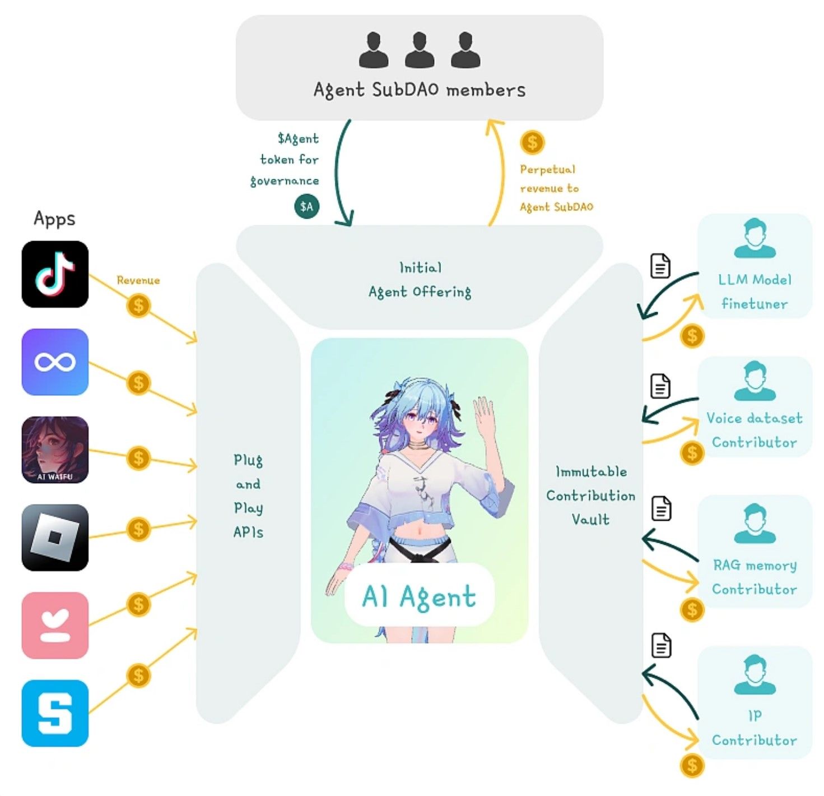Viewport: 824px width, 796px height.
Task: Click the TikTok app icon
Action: tap(55, 274)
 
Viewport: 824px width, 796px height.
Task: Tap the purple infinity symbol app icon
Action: tap(55, 362)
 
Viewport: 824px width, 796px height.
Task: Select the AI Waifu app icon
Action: tap(55, 450)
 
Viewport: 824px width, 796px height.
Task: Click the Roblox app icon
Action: tap(55, 537)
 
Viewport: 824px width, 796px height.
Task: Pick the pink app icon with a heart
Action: tap(55, 625)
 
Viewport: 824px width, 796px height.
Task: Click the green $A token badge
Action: tap(306, 207)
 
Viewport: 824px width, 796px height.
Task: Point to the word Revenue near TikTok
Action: tap(138, 280)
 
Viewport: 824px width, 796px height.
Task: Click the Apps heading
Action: tap(54, 219)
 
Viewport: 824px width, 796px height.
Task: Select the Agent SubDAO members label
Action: tap(419, 90)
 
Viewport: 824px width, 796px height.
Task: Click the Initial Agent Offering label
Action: tap(420, 280)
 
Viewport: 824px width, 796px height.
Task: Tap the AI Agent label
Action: tap(419, 596)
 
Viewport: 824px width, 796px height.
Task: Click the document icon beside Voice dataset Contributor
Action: tap(660, 386)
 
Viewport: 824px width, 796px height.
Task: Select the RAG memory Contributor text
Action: tap(755, 577)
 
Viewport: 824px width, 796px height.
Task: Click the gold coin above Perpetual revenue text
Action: tap(532, 142)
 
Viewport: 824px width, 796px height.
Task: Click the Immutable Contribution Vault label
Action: tap(590, 496)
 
